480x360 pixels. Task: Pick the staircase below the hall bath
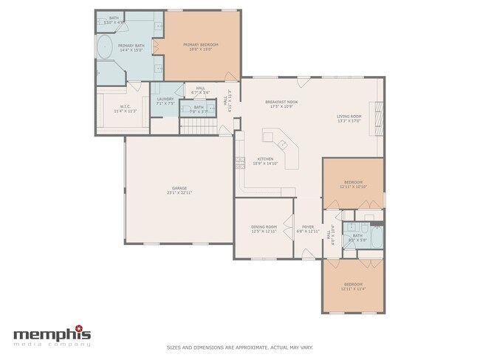click(x=199, y=128)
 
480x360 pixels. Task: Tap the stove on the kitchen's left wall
click(x=239, y=163)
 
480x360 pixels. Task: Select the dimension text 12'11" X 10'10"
click(x=353, y=187)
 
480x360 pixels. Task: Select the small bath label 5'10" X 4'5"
click(x=114, y=19)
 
